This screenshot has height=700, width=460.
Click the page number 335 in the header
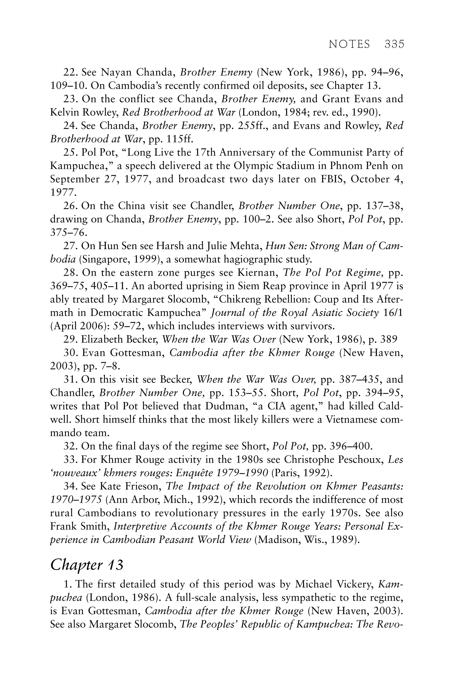[394, 44]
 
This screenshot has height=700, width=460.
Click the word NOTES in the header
[349, 44]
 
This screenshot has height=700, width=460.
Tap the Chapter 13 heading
[87, 565]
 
